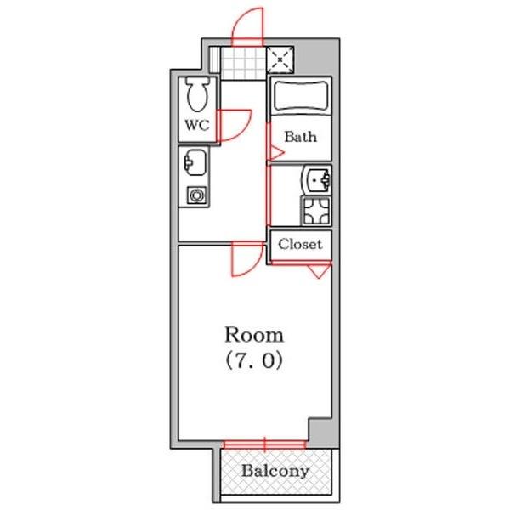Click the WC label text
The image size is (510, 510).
(x=197, y=125)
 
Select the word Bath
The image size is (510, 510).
(x=300, y=136)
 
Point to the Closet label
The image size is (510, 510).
(x=301, y=244)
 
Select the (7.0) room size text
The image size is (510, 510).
(x=254, y=360)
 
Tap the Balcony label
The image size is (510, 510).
(x=274, y=471)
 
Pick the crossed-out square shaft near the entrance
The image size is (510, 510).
(x=280, y=59)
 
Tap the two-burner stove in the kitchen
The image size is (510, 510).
(x=317, y=208)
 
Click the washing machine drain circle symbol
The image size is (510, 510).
(x=196, y=195)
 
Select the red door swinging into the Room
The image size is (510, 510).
(x=247, y=260)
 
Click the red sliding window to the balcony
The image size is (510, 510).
(x=264, y=443)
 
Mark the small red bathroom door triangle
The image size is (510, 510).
(x=276, y=151)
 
